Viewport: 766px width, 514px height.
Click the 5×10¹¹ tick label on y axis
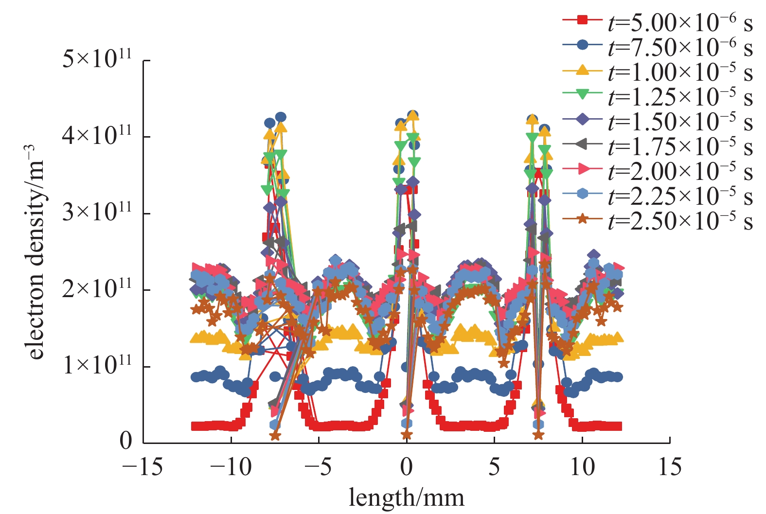tap(97, 59)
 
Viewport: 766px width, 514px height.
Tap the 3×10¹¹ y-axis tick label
tap(97, 213)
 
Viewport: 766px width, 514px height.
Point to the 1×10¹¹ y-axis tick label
tap(97, 365)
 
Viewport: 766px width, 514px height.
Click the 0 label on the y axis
tap(126, 441)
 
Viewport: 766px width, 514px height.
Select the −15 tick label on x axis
tap(143, 467)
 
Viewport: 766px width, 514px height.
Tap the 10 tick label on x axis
tap(582, 467)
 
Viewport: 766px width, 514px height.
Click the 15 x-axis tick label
tap(670, 467)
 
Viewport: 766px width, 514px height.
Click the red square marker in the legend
tap(582, 20)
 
